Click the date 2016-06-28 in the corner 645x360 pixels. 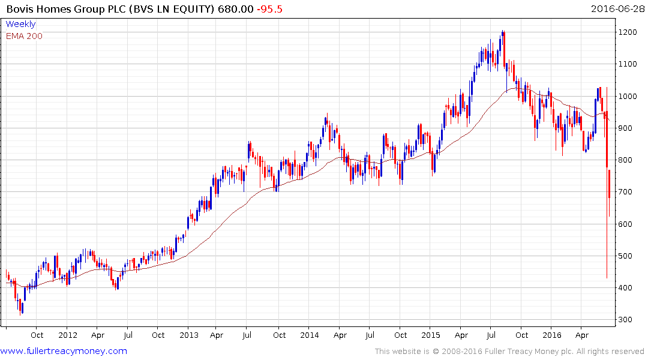coord(616,10)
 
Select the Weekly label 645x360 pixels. coord(20,24)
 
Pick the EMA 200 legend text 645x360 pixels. coord(24,35)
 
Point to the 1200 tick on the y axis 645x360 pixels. coord(629,32)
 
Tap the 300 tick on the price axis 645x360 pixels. coord(628,320)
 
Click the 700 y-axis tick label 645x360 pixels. coord(628,192)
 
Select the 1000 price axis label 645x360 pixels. coord(629,96)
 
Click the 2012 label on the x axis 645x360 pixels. coord(68,335)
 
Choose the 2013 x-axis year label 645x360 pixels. coord(189,335)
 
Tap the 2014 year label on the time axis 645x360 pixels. coord(310,335)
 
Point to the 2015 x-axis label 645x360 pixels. coord(431,335)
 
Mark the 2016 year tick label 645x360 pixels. coord(552,335)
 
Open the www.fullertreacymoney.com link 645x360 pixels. coord(64,351)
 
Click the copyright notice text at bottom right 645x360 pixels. coord(509,352)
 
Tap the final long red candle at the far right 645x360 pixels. coord(609,184)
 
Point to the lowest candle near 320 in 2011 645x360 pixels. coord(22,306)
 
